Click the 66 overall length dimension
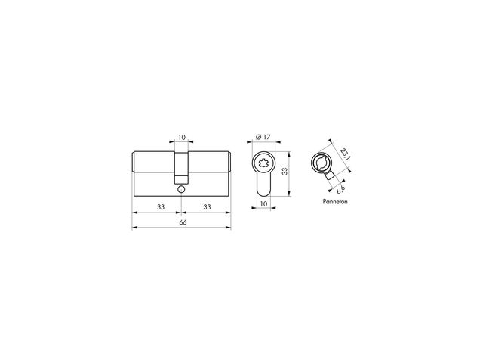tap(183, 222)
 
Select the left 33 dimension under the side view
tap(161, 206)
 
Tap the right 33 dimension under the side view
tap(207, 206)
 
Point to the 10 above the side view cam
tap(182, 137)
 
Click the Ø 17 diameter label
tap(263, 137)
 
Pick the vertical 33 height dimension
tap(285, 172)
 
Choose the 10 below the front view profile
tap(263, 203)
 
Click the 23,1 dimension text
tap(345, 154)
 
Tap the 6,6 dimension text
tap(340, 190)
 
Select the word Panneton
tap(335, 202)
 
